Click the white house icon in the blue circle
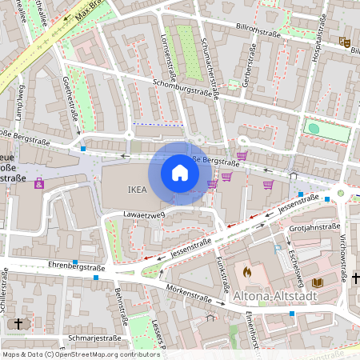(x=180, y=173)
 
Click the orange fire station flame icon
(x=246, y=272)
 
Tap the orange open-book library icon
(x=318, y=282)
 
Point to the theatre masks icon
(x=345, y=41)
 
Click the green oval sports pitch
(x=314, y=128)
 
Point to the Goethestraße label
(x=70, y=105)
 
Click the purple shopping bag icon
(x=38, y=183)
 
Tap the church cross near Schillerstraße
(x=20, y=323)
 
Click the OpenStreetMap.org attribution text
(x=82, y=354)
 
